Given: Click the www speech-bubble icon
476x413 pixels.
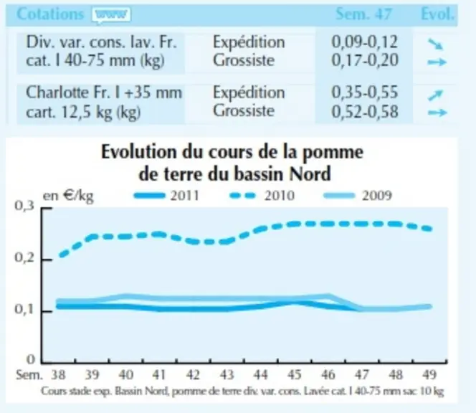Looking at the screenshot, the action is [x=112, y=15].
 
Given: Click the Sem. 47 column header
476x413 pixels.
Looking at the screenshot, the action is [x=363, y=14].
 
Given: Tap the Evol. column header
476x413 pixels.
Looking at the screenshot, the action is [x=438, y=14].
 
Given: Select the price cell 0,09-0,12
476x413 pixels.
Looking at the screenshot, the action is [x=364, y=42].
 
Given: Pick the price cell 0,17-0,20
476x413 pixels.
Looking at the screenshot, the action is [x=364, y=60].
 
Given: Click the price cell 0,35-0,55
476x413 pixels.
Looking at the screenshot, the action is [x=364, y=92].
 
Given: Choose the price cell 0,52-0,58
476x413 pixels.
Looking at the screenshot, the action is [x=364, y=111].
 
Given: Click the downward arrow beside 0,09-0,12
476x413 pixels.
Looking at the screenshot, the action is [x=436, y=44].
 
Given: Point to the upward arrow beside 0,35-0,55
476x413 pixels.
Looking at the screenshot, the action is [x=436, y=95].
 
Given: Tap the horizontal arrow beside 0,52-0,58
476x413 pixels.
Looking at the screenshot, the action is [x=437, y=113].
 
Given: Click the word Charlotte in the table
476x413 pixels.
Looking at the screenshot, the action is [x=58, y=92].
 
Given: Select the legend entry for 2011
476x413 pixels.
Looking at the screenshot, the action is [x=166, y=195].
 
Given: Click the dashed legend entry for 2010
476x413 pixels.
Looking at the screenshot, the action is [x=262, y=195].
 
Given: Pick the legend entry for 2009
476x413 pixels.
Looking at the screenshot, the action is [x=358, y=195].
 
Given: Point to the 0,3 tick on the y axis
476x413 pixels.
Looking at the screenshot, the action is [x=24, y=206].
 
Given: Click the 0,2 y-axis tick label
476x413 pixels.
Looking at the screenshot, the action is [x=24, y=257].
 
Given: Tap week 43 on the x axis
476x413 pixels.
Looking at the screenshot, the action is [x=227, y=375].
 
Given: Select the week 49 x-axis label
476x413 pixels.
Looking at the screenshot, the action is [x=429, y=375].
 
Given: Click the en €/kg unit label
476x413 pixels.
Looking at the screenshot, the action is [x=68, y=196].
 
